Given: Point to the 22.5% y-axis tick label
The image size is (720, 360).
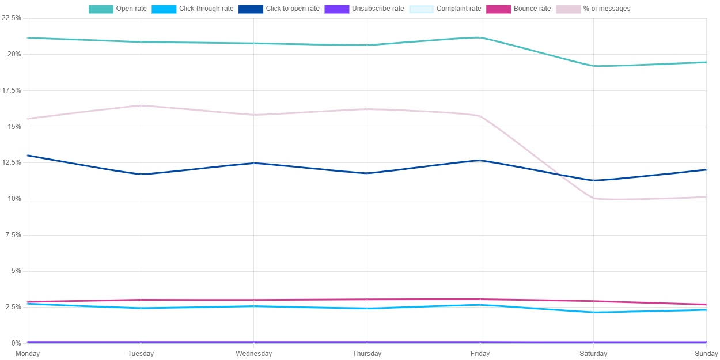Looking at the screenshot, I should (x=12, y=18).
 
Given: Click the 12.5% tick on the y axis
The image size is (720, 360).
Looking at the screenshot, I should (x=12, y=162).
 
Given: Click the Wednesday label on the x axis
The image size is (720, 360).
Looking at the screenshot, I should (x=254, y=353).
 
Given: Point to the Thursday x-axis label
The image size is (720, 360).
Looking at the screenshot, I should (x=367, y=353).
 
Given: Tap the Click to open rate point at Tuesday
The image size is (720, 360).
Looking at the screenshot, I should (x=141, y=174).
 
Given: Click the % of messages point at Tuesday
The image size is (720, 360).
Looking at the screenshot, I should (x=141, y=105).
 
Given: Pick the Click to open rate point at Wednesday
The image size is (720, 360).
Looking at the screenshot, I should (x=254, y=163).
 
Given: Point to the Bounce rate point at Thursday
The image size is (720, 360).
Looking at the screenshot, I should (x=367, y=300).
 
